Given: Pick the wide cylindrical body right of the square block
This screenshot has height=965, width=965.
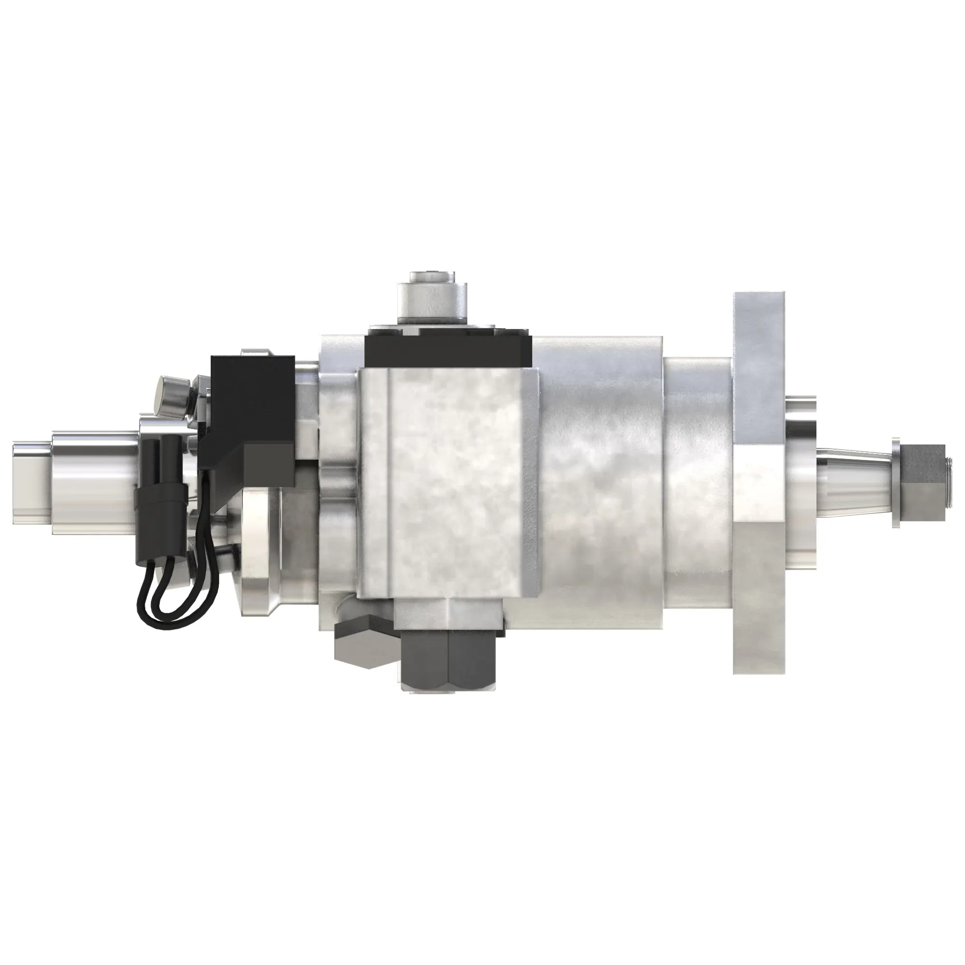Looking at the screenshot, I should (x=599, y=480).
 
